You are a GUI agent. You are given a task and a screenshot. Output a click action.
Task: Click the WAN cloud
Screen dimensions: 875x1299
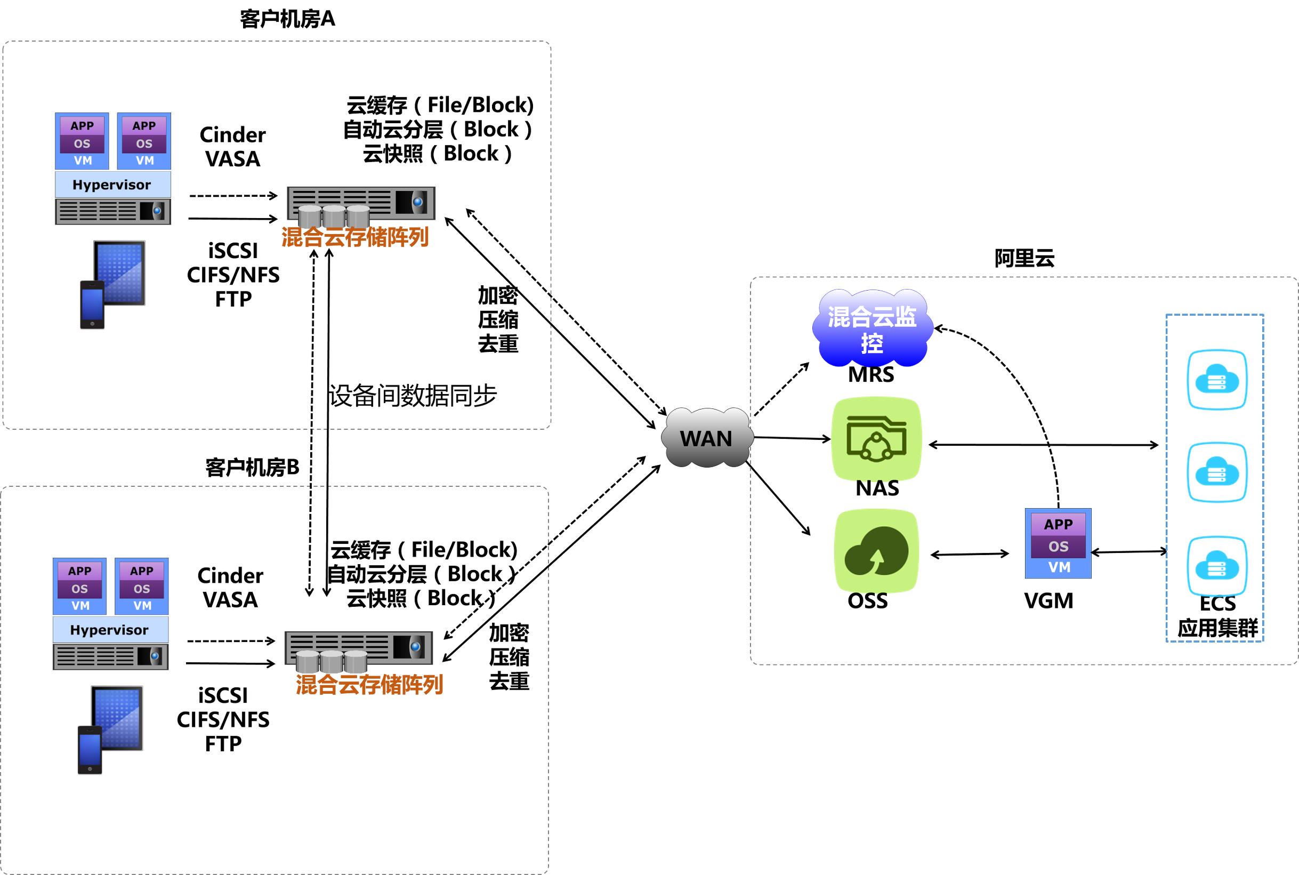pos(706,438)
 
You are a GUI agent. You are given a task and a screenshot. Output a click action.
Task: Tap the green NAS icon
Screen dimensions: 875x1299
pos(876,439)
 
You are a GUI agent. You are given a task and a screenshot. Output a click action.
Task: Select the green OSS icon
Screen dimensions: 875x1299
pos(876,551)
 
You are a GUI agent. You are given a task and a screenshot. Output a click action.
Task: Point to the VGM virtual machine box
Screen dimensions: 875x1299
pos(1058,543)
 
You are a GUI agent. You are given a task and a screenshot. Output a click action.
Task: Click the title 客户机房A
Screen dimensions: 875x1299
pos(287,19)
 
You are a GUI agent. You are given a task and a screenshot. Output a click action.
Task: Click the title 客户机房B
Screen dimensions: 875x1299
pos(252,467)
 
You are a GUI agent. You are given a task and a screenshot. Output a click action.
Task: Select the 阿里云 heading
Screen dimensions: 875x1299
pos(1024,259)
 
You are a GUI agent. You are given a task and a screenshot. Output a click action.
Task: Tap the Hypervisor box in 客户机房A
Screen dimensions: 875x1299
pos(112,184)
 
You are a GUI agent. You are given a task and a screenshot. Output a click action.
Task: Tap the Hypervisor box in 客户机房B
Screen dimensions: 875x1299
pos(110,630)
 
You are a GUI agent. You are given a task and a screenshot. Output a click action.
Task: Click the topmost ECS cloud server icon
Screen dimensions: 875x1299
pos(1216,380)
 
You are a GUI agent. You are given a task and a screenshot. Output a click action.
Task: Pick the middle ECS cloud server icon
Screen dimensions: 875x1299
pos(1216,472)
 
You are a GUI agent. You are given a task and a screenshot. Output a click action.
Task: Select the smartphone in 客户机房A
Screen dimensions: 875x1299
pos(92,304)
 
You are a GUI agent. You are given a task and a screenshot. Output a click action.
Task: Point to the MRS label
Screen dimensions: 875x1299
pos(870,374)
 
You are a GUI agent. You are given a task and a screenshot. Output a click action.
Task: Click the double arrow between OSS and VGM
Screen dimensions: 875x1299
pos(970,554)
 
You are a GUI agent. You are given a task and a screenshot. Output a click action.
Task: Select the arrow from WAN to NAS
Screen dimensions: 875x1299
pos(792,438)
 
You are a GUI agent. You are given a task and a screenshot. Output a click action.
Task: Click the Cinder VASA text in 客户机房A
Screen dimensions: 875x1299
pos(232,147)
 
